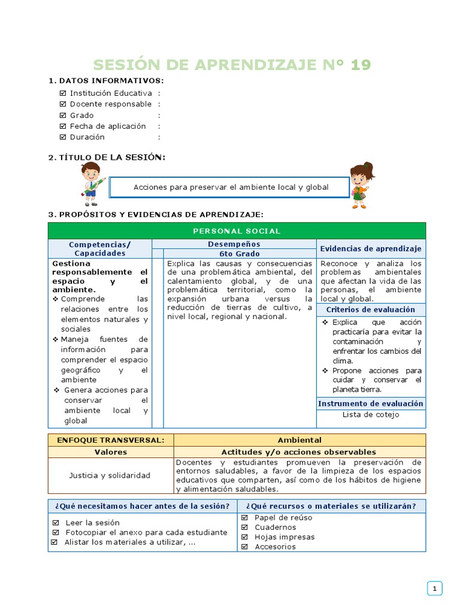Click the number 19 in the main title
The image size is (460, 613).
coord(361,65)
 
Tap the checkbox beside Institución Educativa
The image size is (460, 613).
coord(63,93)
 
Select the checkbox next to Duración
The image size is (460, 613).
coord(63,137)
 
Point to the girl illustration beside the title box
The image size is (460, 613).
coord(361,184)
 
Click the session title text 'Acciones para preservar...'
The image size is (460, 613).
coord(231,187)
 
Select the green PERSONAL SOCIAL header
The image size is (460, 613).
coord(237,231)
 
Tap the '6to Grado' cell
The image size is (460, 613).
coord(240,253)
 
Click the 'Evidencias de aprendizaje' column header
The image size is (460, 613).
coord(371,248)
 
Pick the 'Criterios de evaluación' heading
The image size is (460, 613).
coord(371,309)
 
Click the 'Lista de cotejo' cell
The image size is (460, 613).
coord(371,415)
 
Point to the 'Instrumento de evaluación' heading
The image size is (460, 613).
coord(371,403)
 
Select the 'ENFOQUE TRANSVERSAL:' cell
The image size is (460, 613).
coord(110,440)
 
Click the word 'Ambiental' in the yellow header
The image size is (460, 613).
coord(299,440)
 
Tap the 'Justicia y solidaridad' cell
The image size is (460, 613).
coord(110,475)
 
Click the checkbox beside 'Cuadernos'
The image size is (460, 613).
coord(244,527)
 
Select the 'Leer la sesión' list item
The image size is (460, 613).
coord(92,523)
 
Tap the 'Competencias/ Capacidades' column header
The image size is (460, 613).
coord(99,248)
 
